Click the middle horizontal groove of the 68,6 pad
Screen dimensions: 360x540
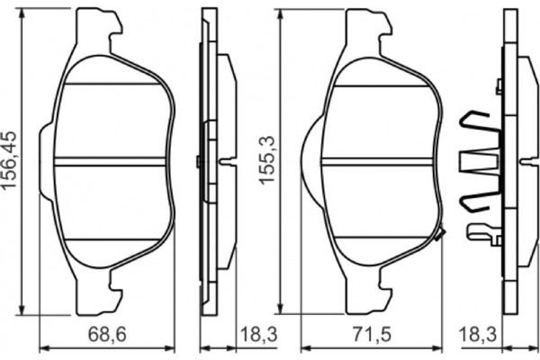112,162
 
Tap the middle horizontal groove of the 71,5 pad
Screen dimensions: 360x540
376,162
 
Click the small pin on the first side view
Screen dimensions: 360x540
197,162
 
